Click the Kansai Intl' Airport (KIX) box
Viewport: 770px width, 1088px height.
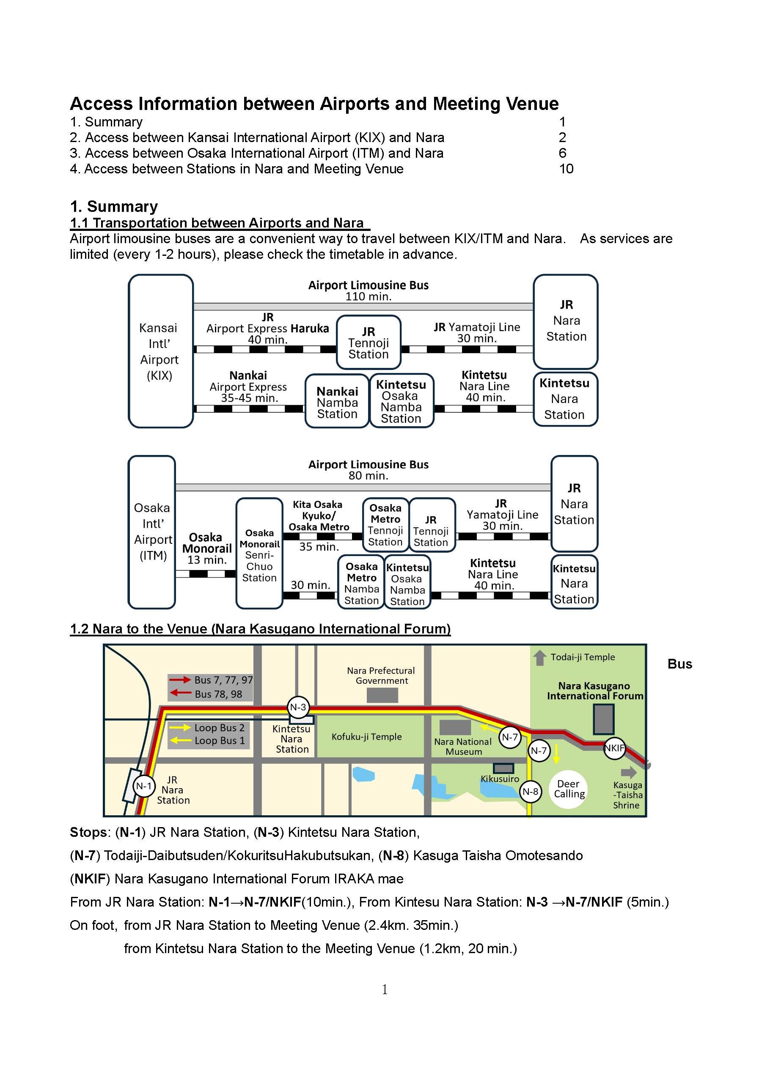coord(160,351)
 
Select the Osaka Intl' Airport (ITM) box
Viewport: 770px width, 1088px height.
coord(152,532)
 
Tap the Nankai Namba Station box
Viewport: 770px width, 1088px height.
coord(337,401)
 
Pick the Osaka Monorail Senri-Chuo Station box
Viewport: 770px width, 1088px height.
coord(259,554)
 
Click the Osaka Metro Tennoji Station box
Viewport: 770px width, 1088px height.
coord(385,525)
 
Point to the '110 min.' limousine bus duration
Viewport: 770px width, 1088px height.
coord(368,297)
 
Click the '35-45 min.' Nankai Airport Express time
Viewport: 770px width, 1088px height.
coord(249,398)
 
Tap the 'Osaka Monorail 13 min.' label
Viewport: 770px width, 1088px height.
coord(207,548)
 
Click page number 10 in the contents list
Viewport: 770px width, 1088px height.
coord(566,169)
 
